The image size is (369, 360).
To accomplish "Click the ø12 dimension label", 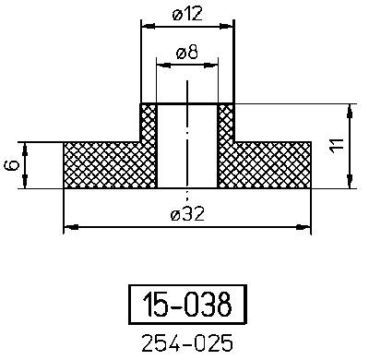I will click(x=187, y=14).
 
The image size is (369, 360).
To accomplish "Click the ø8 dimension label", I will click(x=187, y=54).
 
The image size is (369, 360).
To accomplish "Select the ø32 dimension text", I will click(x=187, y=214).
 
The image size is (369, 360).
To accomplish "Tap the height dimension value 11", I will click(x=338, y=146).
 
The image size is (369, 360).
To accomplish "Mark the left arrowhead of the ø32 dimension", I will click(x=67, y=225).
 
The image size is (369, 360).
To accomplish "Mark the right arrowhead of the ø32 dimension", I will click(x=306, y=225).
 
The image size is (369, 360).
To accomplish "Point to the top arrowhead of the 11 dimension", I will click(x=349, y=108).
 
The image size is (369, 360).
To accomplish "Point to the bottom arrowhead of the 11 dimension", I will click(x=349, y=183).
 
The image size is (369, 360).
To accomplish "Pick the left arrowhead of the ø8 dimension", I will click(x=161, y=66).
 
